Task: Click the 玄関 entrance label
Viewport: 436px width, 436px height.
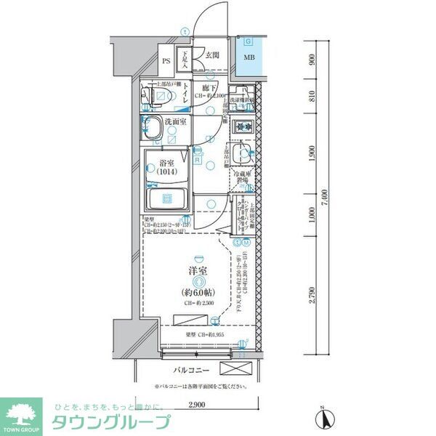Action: pos(212,55)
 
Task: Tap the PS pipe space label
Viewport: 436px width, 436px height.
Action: pos(166,62)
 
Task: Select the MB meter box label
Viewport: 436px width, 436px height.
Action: pos(249,58)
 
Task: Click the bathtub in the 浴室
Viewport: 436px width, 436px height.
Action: pos(166,198)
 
